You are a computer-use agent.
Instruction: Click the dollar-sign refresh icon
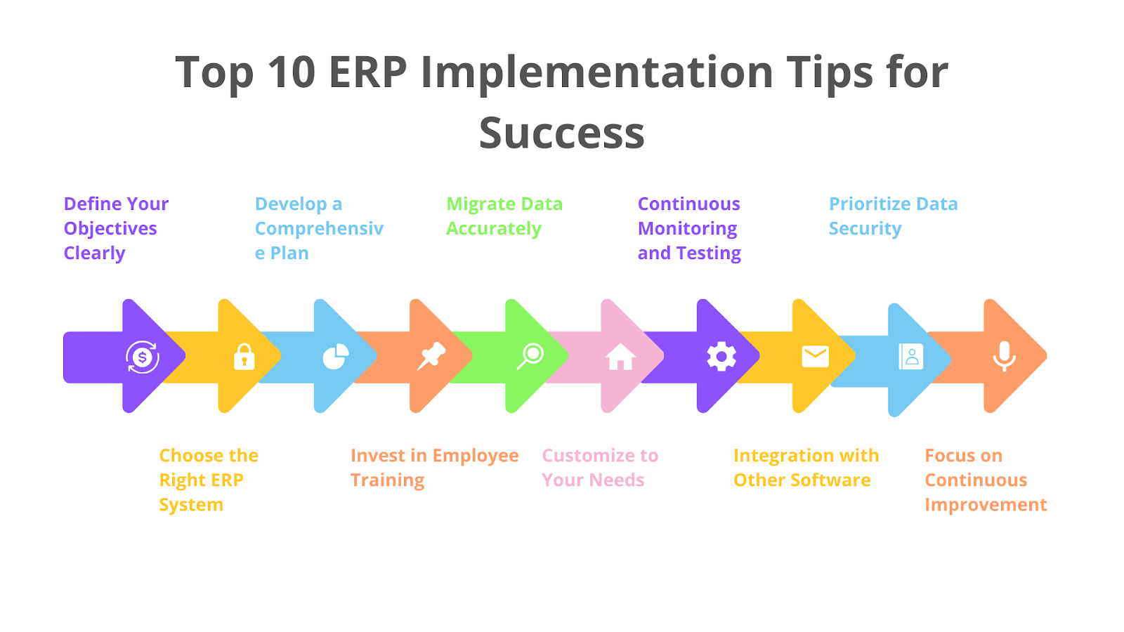(143, 357)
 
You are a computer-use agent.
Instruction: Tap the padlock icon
(244, 357)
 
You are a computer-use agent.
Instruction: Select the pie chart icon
(336, 356)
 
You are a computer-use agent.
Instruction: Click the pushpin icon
(431, 356)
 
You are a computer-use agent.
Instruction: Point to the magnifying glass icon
(530, 356)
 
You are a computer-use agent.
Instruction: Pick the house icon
(621, 357)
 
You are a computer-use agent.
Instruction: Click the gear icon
(721, 357)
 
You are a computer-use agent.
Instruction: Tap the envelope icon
(816, 357)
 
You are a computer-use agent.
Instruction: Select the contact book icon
(910, 357)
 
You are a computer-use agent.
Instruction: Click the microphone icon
(1004, 356)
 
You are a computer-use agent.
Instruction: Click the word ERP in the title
(368, 72)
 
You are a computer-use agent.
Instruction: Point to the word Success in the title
(561, 133)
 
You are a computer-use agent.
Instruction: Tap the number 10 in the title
(292, 72)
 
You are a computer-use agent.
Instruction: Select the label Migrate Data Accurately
(504, 216)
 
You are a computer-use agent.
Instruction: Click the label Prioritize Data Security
(893, 216)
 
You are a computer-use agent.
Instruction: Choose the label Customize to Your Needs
(600, 468)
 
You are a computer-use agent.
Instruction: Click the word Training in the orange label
(387, 480)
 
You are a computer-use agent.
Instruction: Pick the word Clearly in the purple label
(94, 254)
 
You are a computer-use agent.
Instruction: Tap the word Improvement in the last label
(986, 505)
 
